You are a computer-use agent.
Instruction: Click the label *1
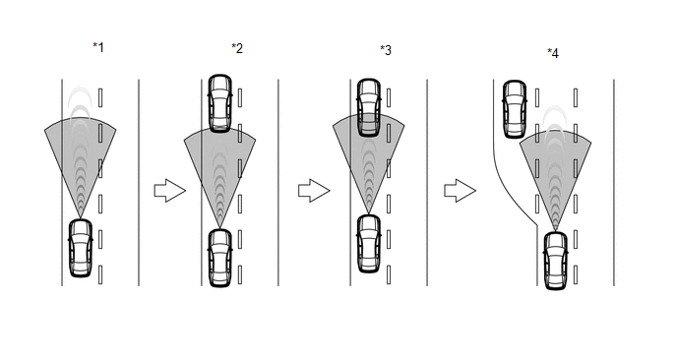click(98, 47)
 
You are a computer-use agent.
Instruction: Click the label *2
click(237, 48)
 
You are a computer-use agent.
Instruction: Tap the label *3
click(386, 50)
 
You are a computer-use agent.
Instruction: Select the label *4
click(553, 53)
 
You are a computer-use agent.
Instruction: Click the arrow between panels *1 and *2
click(170, 191)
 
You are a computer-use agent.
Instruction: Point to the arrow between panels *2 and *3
click(314, 191)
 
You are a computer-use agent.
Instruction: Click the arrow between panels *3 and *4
click(461, 191)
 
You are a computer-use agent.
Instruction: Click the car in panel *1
click(81, 248)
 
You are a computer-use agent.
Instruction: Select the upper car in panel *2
click(220, 102)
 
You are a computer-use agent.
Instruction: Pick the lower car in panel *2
click(220, 258)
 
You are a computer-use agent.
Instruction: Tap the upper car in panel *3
click(369, 107)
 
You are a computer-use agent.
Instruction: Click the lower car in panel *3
click(369, 244)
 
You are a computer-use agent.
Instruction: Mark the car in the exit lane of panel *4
click(515, 109)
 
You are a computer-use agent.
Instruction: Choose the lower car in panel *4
click(556, 261)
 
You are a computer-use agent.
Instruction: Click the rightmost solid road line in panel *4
click(614, 183)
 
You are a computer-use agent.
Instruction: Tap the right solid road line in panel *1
click(139, 183)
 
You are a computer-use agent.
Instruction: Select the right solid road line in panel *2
click(278, 183)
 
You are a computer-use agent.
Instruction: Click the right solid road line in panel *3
click(427, 183)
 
